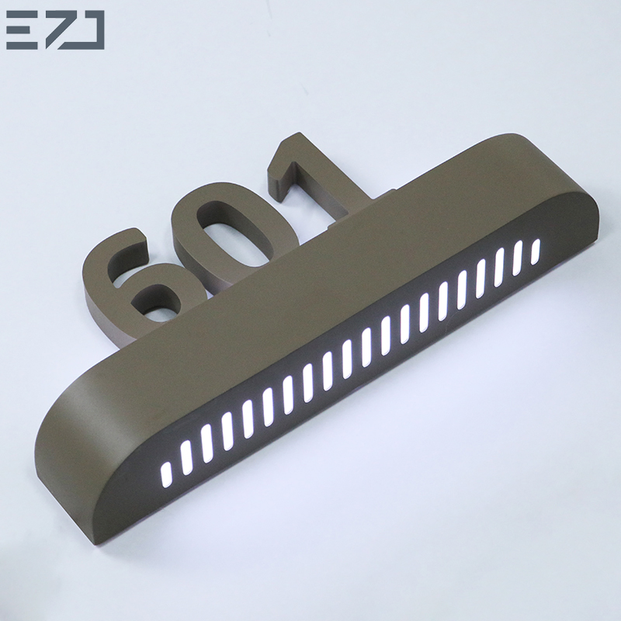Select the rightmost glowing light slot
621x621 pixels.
tap(535, 251)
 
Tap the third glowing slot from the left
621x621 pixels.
tap(206, 439)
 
